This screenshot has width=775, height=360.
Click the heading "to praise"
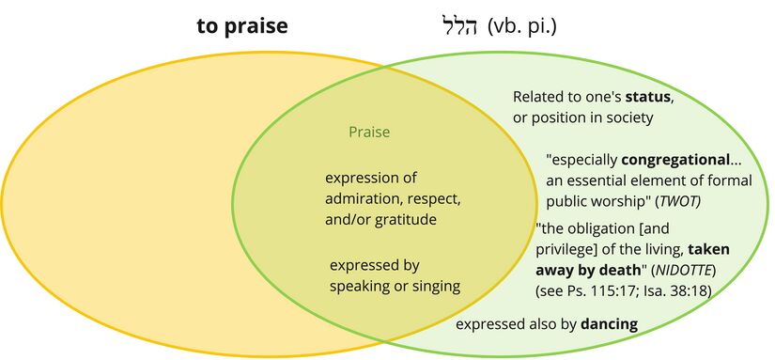point(242,26)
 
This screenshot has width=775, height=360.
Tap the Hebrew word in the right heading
point(458,27)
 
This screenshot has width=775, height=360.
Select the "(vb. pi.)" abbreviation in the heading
point(522,27)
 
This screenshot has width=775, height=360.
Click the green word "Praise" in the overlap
point(369,132)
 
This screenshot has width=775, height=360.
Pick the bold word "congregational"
point(675,160)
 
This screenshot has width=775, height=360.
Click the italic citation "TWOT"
point(682,202)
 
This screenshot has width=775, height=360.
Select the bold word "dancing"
point(609,324)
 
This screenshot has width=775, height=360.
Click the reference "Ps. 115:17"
point(602,291)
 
